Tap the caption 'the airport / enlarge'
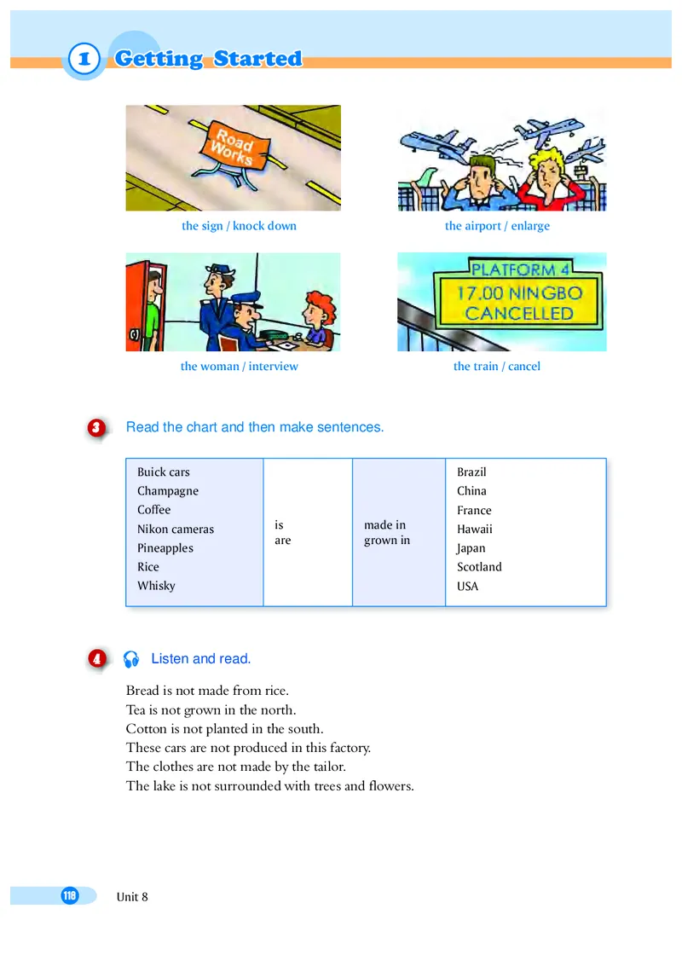click(497, 226)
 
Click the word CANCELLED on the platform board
click(518, 313)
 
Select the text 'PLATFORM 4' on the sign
click(519, 270)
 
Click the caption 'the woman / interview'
click(240, 367)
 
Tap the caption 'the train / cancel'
click(497, 367)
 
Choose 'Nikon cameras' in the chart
click(176, 530)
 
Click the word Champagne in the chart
click(168, 491)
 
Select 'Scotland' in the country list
click(479, 567)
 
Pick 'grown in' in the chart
click(387, 541)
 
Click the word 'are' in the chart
click(282, 541)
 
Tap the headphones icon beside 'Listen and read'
click(131, 659)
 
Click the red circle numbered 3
click(96, 428)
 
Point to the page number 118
click(69, 895)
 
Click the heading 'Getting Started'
click(208, 59)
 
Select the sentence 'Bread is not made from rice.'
click(207, 691)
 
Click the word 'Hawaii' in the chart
click(475, 530)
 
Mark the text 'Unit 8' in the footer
click(132, 896)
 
